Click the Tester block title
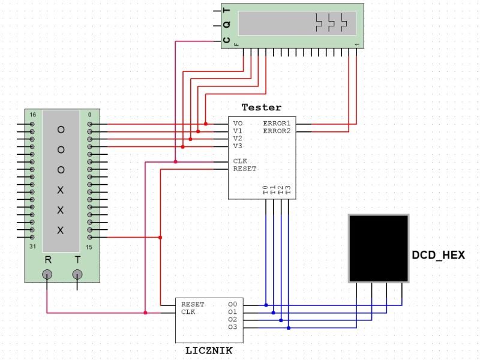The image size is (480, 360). click(x=261, y=107)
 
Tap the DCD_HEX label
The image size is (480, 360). click(x=438, y=255)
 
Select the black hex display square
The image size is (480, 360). click(x=379, y=248)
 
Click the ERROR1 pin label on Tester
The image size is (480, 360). click(x=276, y=124)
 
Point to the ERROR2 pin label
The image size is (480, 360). click(x=276, y=131)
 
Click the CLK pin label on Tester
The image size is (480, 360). click(x=240, y=161)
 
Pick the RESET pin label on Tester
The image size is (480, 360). click(x=245, y=169)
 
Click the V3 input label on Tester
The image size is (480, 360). click(x=238, y=146)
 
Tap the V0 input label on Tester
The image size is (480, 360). click(x=238, y=124)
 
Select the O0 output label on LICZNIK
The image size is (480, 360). click(x=233, y=305)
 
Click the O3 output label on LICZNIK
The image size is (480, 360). click(x=233, y=328)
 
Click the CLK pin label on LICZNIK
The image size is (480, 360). click(x=188, y=312)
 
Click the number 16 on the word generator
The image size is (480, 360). click(x=33, y=115)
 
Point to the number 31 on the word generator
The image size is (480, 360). click(x=33, y=247)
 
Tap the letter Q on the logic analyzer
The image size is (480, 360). click(x=226, y=25)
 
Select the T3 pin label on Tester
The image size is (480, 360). click(x=288, y=190)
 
